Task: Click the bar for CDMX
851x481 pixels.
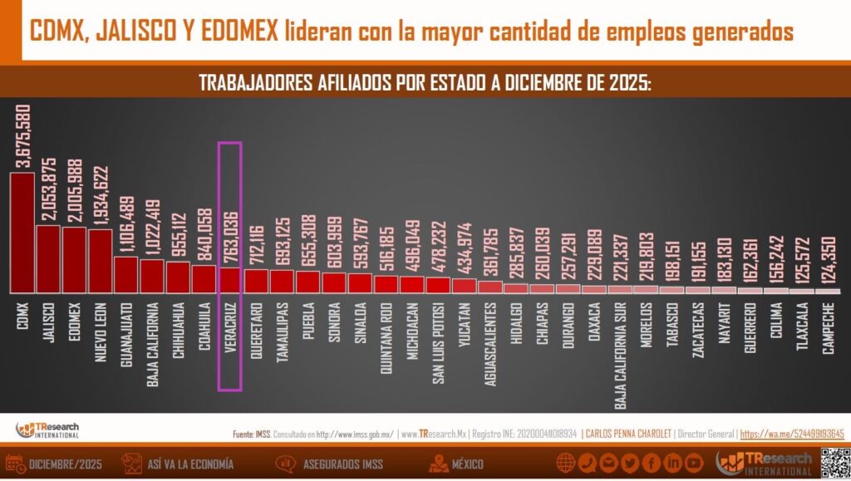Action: (22, 233)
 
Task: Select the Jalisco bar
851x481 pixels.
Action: (48, 258)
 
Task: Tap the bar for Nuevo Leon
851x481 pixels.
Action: (100, 261)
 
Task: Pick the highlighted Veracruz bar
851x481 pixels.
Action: (229, 280)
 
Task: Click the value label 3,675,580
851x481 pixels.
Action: (23, 136)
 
